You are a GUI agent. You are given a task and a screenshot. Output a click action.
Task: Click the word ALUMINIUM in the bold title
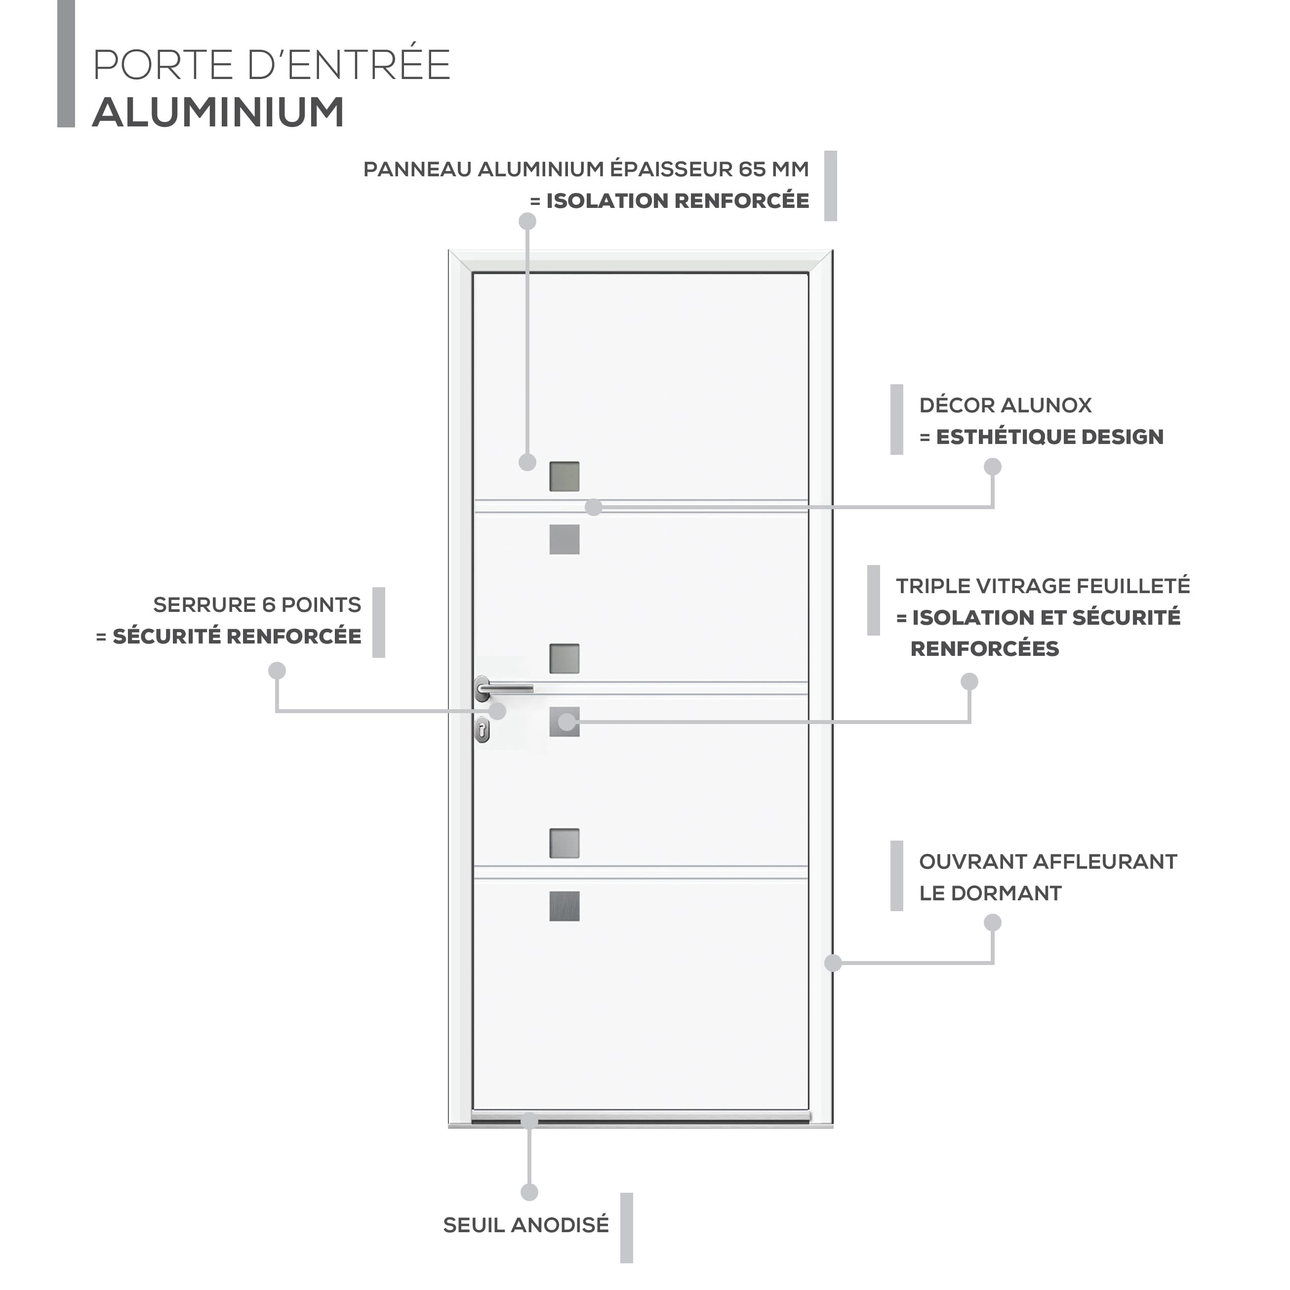click(218, 112)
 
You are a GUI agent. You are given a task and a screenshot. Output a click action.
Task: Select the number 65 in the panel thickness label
click(752, 169)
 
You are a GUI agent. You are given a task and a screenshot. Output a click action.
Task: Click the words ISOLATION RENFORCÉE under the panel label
click(677, 201)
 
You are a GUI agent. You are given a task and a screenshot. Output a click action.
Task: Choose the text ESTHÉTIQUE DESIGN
click(1049, 437)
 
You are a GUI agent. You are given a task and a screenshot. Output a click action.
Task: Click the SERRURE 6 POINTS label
click(257, 605)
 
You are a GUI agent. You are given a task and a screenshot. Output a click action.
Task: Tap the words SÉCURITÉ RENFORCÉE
click(237, 636)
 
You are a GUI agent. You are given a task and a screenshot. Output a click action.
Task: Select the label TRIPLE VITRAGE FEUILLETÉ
click(1043, 586)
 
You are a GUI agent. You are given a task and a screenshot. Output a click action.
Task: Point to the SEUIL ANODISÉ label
click(526, 1225)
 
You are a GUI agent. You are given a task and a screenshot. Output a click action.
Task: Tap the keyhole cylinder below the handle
click(482, 730)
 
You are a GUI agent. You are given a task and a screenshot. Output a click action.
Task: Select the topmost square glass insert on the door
click(564, 476)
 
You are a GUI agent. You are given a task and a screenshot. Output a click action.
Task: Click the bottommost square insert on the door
click(564, 906)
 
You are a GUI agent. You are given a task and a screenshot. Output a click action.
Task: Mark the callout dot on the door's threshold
click(529, 1121)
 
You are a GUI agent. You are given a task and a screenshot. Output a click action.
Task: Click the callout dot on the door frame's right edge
click(833, 962)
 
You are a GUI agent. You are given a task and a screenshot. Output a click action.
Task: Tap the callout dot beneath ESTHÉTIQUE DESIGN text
click(992, 467)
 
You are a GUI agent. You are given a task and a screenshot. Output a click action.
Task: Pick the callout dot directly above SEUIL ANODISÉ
click(529, 1192)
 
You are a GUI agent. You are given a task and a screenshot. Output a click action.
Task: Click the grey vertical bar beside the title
click(66, 63)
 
